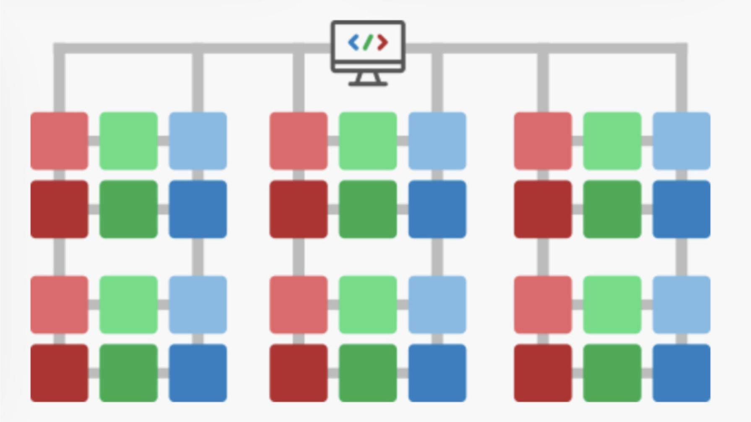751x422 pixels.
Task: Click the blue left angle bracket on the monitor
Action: pyautogui.click(x=353, y=43)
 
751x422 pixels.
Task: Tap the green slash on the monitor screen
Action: pyautogui.click(x=368, y=43)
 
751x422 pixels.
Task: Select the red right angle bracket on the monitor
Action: pyautogui.click(x=382, y=43)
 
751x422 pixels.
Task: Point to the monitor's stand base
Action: pyautogui.click(x=368, y=84)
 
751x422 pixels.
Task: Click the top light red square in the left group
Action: pyautogui.click(x=60, y=141)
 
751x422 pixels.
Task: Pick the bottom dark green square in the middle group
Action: pyautogui.click(x=368, y=373)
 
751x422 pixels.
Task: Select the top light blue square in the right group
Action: pyautogui.click(x=681, y=141)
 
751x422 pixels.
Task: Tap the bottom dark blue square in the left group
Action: pyautogui.click(x=198, y=373)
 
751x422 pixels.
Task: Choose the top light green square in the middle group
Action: pyautogui.click(x=368, y=141)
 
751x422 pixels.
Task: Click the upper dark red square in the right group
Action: pyautogui.click(x=543, y=209)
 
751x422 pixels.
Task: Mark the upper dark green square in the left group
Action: pyautogui.click(x=129, y=209)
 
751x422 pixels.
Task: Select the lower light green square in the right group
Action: pyautogui.click(x=612, y=305)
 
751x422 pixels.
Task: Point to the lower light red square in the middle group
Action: pyautogui.click(x=299, y=305)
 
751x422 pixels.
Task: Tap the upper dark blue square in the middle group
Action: pyautogui.click(x=437, y=209)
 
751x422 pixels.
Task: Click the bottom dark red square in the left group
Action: pyautogui.click(x=60, y=373)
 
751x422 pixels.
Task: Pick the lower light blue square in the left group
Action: pyautogui.click(x=198, y=305)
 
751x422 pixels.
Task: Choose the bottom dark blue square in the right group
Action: pyautogui.click(x=681, y=373)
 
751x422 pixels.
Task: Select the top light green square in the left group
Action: pyautogui.click(x=129, y=141)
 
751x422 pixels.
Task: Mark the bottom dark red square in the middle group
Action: pyautogui.click(x=299, y=373)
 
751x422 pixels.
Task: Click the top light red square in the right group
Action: pyautogui.click(x=543, y=141)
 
